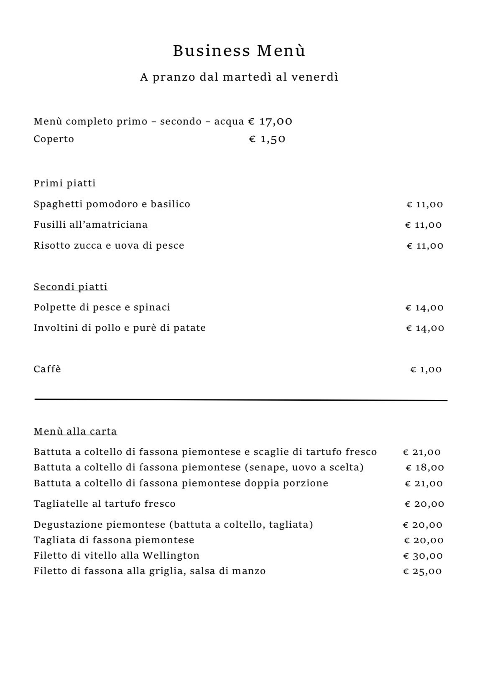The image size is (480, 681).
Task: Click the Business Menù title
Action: point(239,51)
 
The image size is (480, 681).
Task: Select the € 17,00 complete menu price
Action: point(270,122)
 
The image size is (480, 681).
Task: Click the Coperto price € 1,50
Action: point(267,139)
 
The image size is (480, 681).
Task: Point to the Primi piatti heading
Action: point(65,183)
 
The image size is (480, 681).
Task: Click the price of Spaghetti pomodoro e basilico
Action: point(424,205)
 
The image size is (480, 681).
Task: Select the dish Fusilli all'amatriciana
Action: point(91,225)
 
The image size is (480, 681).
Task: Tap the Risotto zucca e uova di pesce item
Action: point(109,246)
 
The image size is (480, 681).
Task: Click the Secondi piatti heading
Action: point(71,287)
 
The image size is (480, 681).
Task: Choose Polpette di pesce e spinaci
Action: point(102,308)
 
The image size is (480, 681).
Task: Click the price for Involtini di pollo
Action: point(425,328)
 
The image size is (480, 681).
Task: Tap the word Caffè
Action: point(47,369)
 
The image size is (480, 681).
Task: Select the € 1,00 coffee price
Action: point(426,370)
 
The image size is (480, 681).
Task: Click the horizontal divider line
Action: point(240,400)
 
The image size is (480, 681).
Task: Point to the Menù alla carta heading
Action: point(75,432)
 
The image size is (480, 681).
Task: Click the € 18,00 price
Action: point(424,468)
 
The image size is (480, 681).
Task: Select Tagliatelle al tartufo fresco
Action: point(105,504)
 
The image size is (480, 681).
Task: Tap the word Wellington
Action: point(171,556)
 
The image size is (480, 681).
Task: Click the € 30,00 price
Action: point(423,556)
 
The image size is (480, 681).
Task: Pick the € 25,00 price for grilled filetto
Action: point(422,572)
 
